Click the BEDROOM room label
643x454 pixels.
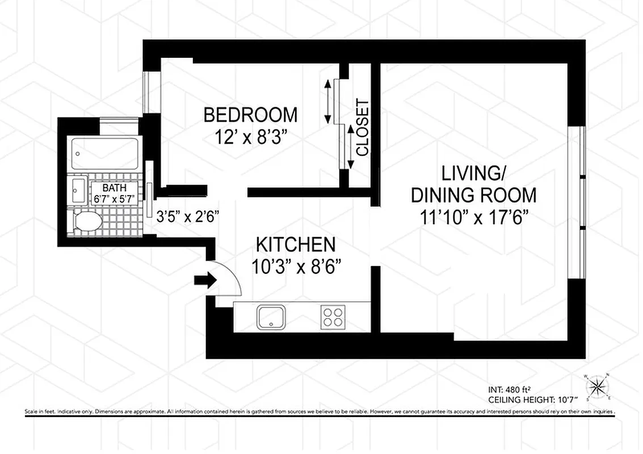click(250, 115)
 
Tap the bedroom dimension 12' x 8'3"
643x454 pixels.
click(250, 138)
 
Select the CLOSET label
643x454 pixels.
click(362, 128)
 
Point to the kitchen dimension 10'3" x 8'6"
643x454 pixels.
click(296, 267)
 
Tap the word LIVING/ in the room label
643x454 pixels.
click(473, 172)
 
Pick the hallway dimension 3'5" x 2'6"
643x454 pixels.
click(188, 216)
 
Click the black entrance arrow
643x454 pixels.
click(204, 280)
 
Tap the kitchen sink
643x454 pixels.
click(274, 317)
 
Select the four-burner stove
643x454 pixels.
click(332, 317)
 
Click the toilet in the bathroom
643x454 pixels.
click(85, 222)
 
